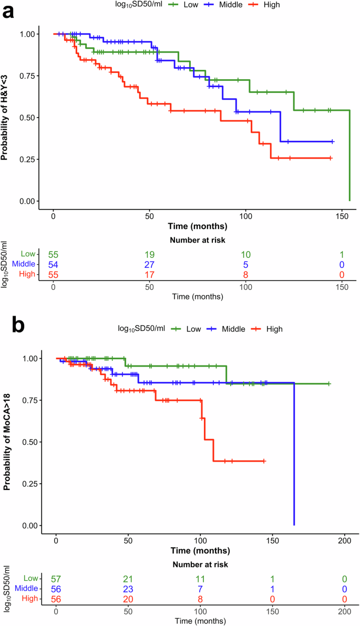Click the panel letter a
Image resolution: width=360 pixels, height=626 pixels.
(8, 11)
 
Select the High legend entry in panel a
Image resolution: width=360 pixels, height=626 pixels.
(265, 5)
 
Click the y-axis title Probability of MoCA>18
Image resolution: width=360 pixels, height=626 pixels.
(8, 440)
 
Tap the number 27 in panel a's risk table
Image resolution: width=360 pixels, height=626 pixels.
(149, 265)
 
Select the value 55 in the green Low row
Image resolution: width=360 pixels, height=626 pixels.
(53, 255)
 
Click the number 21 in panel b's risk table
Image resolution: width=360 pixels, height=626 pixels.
(128, 579)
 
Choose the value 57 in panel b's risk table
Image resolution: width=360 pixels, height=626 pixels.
(56, 579)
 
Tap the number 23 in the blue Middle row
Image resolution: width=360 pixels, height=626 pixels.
(128, 589)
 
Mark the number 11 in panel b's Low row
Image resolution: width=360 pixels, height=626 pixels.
(200, 579)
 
